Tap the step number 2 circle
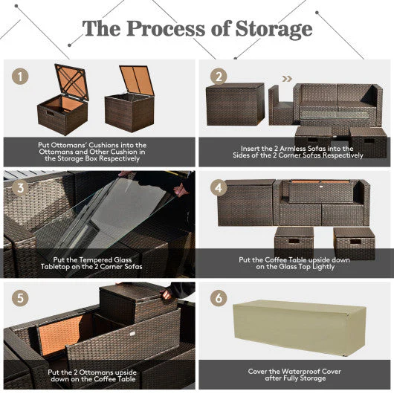pyautogui.click(x=217, y=77)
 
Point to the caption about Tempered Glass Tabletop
pyautogui.click(x=99, y=264)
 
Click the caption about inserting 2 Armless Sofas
pyautogui.click(x=295, y=152)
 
